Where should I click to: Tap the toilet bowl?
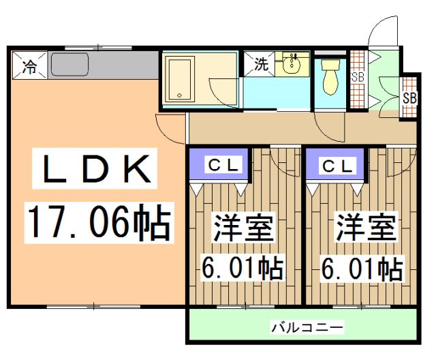(330, 76)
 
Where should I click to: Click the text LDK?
(95, 170)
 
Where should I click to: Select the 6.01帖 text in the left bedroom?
(243, 269)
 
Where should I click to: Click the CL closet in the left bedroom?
(218, 165)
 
